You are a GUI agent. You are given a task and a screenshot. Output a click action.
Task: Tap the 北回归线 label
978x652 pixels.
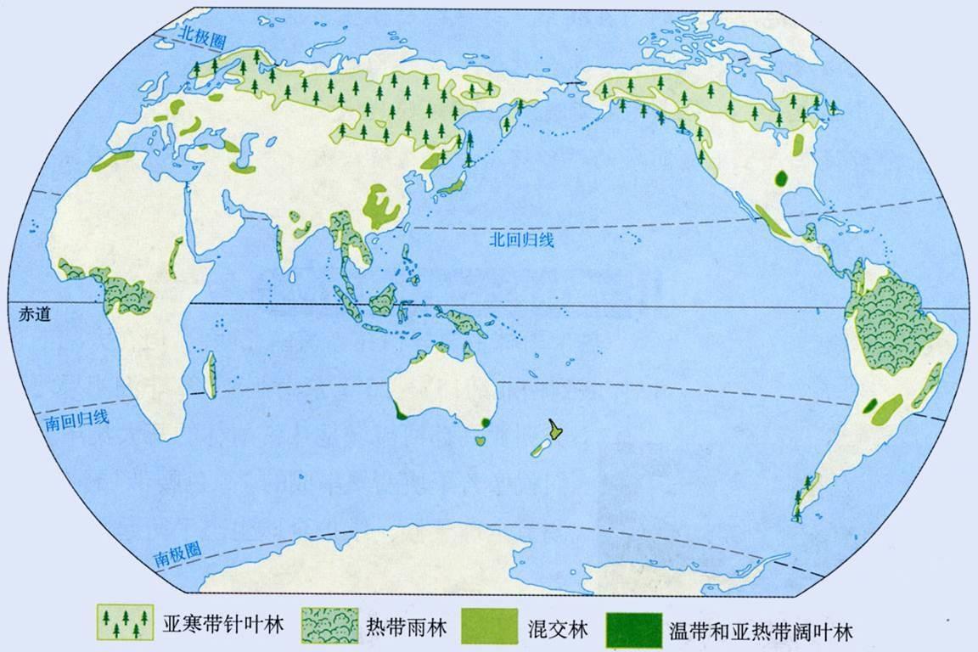pyautogui.click(x=520, y=239)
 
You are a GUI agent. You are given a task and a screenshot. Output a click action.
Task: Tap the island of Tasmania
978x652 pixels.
pyautogui.click(x=482, y=440)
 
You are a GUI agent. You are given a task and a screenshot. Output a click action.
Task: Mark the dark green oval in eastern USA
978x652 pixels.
pyautogui.click(x=782, y=179)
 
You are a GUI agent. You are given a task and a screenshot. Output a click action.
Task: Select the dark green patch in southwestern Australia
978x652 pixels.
pyautogui.click(x=399, y=413)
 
